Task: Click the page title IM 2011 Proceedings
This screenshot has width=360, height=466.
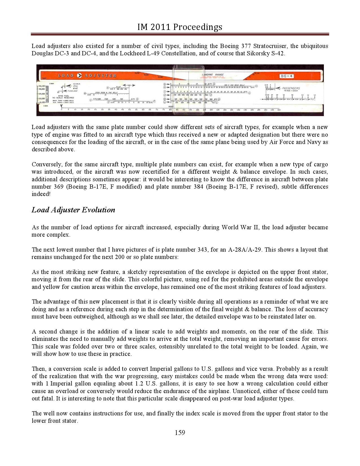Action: click(x=180, y=27)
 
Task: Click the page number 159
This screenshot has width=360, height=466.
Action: click(x=180, y=432)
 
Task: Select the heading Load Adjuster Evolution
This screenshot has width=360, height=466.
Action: click(x=73, y=210)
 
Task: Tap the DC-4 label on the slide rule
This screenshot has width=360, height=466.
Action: click(x=287, y=76)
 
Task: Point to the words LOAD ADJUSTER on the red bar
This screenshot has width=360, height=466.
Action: click(x=87, y=75)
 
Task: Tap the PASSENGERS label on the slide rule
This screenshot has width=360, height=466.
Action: click(x=291, y=88)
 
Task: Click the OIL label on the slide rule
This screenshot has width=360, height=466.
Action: click(x=76, y=86)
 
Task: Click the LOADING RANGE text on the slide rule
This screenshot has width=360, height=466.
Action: click(x=213, y=75)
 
